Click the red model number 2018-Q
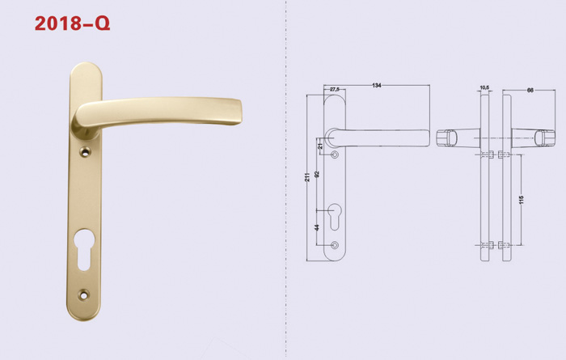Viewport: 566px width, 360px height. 72,23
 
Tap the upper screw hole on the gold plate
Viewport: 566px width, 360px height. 85,152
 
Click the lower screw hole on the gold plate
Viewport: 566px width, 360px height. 84,295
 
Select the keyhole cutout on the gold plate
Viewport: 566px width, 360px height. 84,249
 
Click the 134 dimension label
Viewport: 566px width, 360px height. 377,86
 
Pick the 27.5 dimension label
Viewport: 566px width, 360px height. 335,89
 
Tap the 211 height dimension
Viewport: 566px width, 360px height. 307,177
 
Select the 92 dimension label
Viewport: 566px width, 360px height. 317,174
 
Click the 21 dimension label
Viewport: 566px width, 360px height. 320,146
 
